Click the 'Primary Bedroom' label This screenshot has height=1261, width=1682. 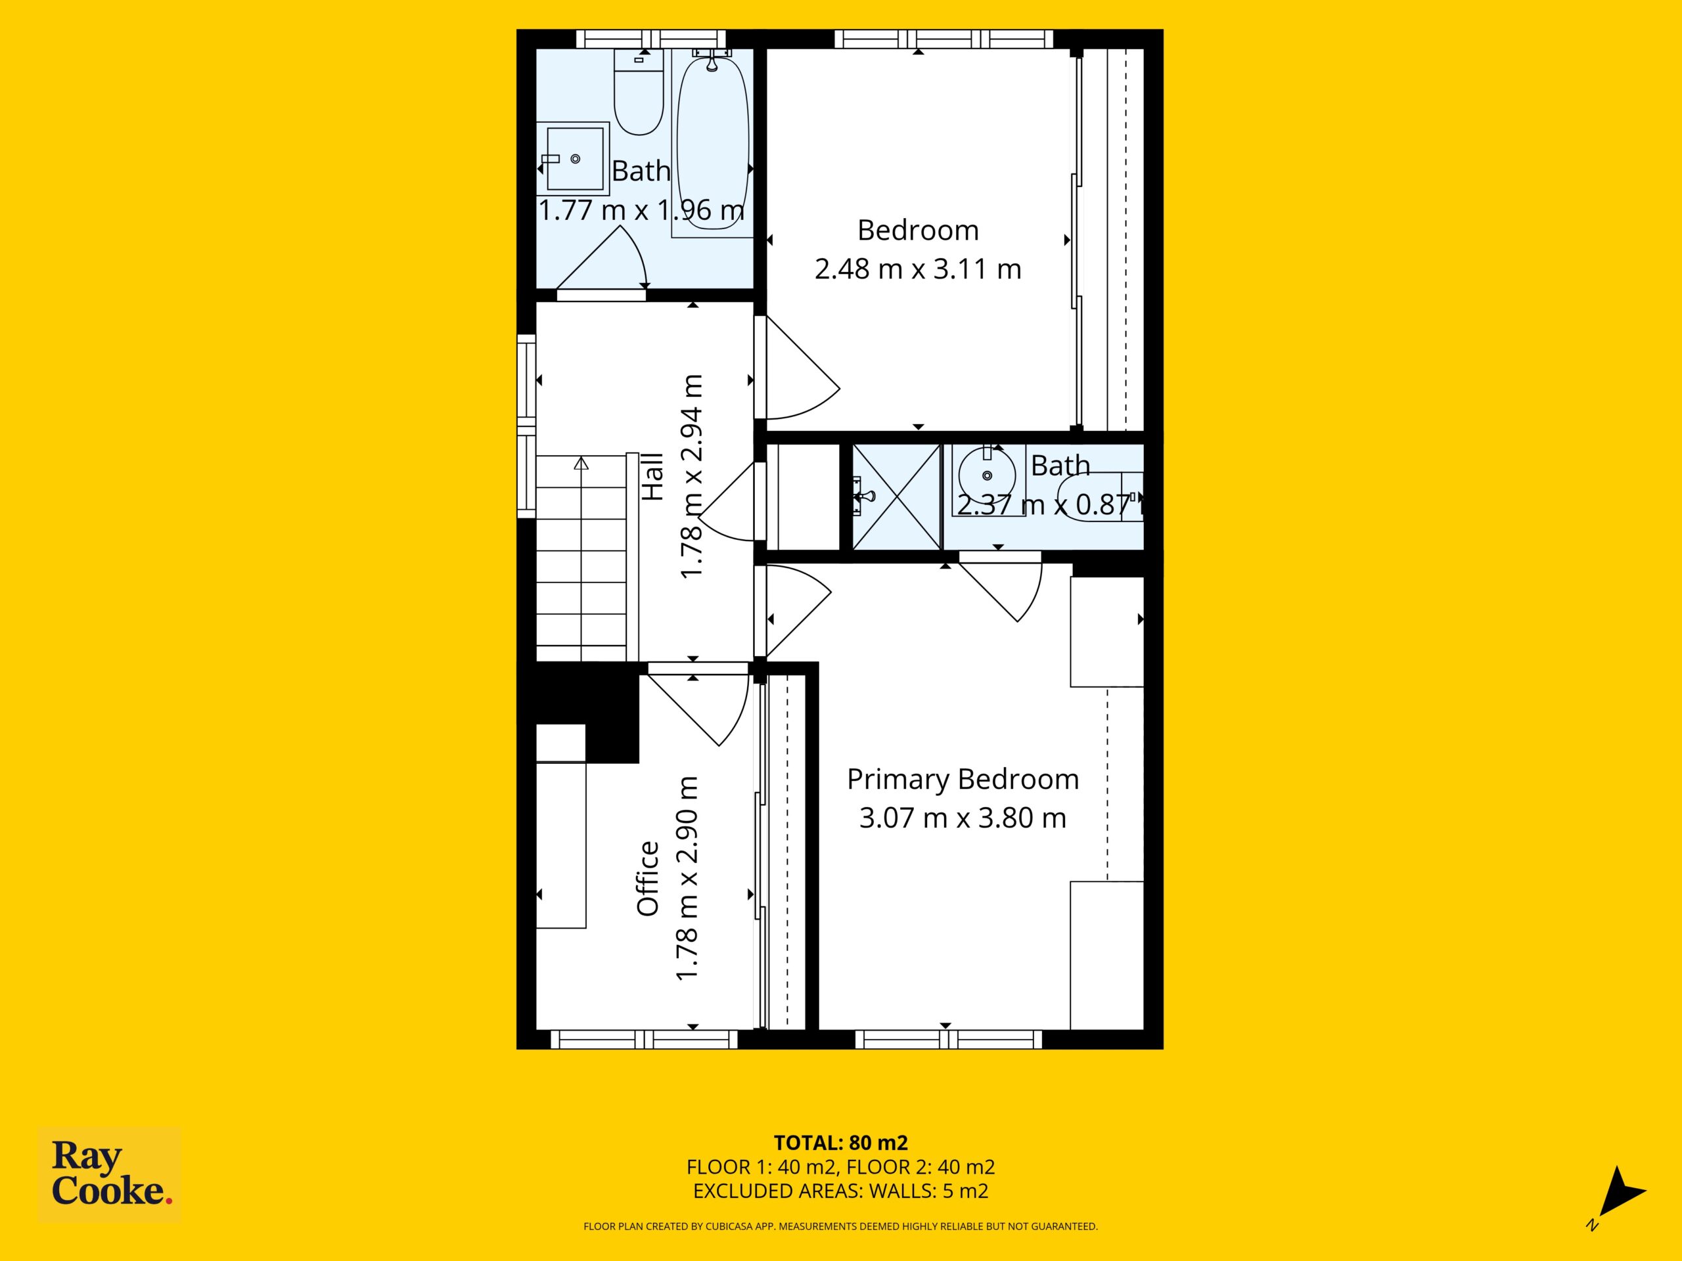click(963, 779)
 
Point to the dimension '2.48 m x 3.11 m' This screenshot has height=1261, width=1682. click(918, 269)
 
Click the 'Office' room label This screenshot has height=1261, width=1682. click(648, 879)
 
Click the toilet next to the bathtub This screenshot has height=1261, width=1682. click(639, 92)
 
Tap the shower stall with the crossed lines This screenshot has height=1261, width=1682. click(896, 497)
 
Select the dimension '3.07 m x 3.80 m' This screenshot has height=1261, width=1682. click(963, 818)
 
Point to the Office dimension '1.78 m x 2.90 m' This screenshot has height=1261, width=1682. click(687, 879)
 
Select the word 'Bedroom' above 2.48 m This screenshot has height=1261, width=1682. click(918, 231)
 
